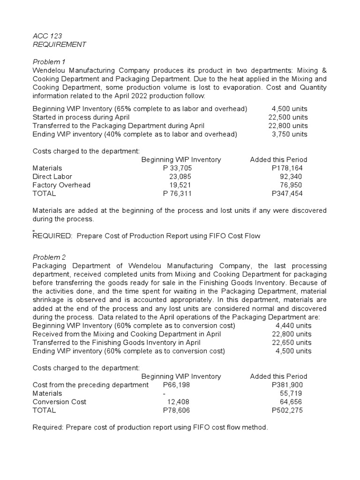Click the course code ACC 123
coord(47,36)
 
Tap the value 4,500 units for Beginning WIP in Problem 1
coord(290,109)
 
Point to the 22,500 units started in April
coord(288,117)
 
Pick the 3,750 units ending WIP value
coord(290,134)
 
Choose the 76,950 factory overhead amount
coord(291,185)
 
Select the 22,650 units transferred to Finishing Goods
coord(288,343)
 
